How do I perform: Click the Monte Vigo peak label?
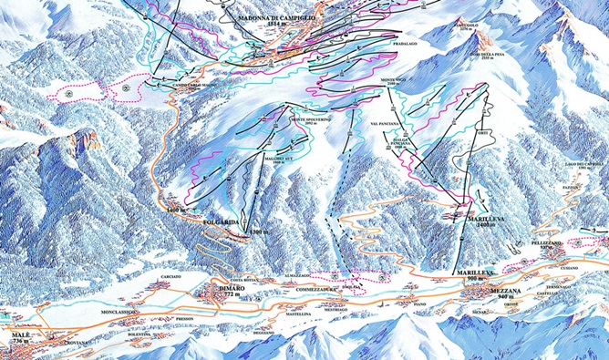tap(395, 81)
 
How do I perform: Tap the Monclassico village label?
tap(120, 311)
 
